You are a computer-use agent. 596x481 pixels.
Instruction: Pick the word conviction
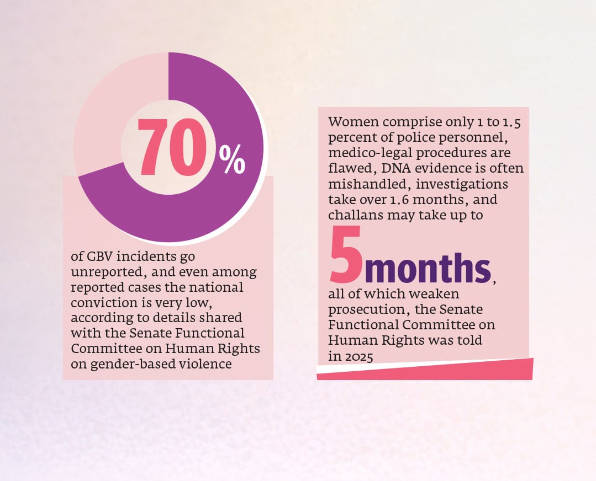click(102, 303)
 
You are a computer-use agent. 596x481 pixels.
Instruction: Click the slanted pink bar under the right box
click(425, 370)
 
